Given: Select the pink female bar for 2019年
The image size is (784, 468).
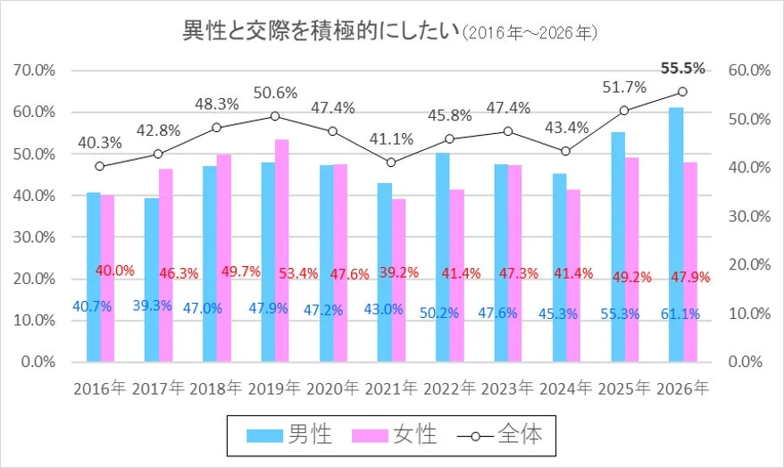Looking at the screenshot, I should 281,250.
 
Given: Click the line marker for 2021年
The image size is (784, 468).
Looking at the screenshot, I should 390,163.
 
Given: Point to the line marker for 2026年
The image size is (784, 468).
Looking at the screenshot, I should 682,91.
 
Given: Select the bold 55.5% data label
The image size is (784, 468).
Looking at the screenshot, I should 682,68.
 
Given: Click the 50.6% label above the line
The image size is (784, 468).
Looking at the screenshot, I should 275,93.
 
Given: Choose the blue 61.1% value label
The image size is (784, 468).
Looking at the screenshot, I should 680,313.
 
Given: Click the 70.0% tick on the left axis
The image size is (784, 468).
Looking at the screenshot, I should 32,70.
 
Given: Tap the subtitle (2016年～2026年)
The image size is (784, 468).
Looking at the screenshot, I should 530,33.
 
